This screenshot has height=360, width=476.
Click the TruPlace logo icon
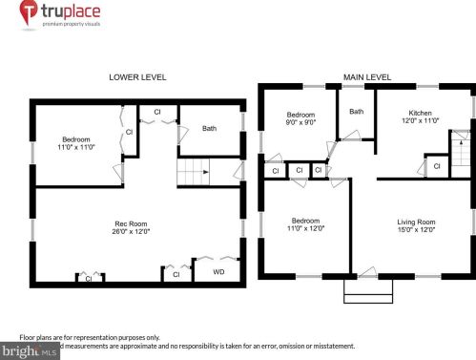(28, 12)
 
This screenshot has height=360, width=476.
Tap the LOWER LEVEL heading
(136, 75)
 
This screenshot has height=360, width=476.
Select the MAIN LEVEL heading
(366, 75)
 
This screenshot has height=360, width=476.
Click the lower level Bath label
(209, 128)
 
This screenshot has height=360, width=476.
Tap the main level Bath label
(356, 112)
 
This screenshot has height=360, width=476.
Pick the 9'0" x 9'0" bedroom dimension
(300, 123)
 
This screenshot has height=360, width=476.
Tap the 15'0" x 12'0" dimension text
(416, 230)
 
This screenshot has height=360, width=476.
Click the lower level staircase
(194, 174)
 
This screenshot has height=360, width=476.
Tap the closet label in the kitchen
(437, 166)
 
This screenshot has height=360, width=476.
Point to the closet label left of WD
(175, 274)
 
